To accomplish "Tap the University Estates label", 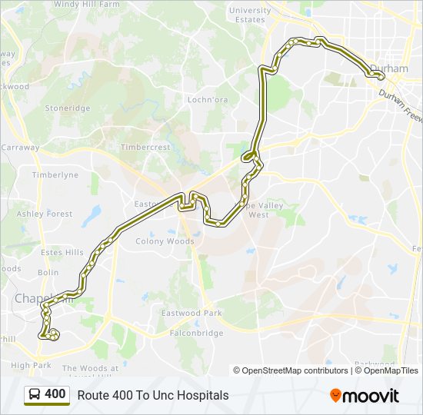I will tap(250, 15).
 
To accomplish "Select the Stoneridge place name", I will tap(68, 108).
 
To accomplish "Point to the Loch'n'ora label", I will tap(208, 100).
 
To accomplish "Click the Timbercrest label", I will tap(145, 147).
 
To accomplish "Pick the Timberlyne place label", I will tap(55, 175).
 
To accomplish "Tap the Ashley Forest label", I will tap(45, 214).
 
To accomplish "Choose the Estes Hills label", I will tap(62, 252).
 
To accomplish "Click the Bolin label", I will tap(48, 273).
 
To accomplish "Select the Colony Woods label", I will tap(165, 241).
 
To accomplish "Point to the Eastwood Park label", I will tap(192, 314).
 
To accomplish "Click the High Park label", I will tap(32, 366).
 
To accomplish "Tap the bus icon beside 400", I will tap(35, 395).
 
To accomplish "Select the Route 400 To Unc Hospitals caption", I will tap(153, 395).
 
